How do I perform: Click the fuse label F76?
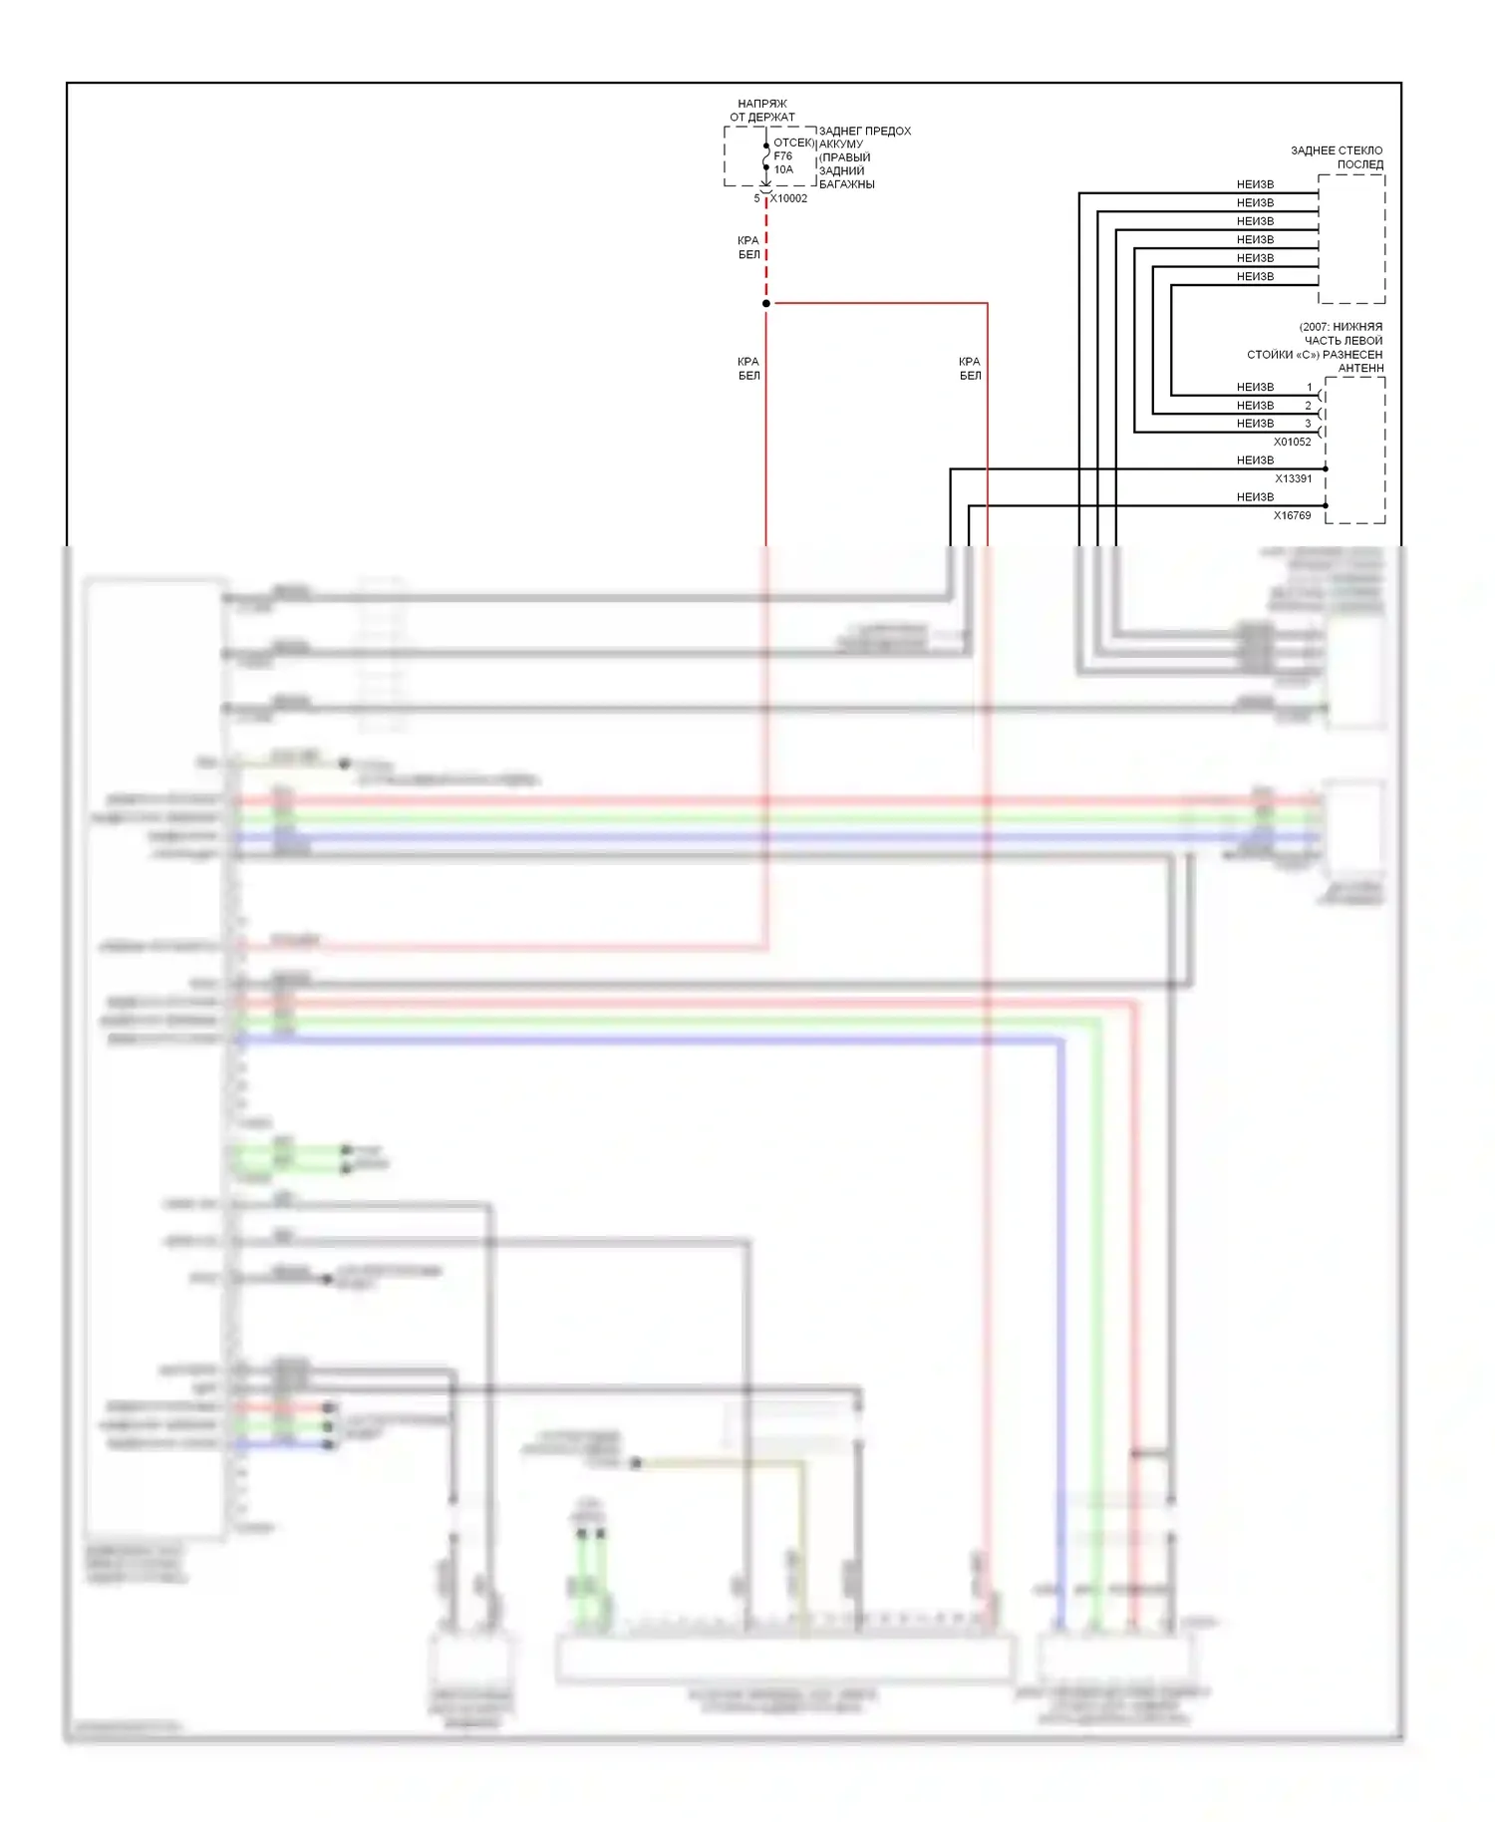coord(782,156)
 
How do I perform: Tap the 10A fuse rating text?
coord(783,169)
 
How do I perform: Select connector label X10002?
coord(788,198)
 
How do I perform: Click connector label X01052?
coord(1292,442)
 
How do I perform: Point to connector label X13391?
coord(1293,478)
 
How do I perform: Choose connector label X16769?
coord(1292,515)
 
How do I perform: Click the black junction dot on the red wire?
coord(766,303)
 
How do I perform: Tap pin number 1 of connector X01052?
coord(1310,387)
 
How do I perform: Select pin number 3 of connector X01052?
coord(1309,424)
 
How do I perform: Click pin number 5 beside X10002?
coord(756,198)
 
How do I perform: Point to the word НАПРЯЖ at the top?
coord(762,104)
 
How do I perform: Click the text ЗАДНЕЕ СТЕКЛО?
coord(1337,151)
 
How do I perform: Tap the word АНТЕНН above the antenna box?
coord(1360,368)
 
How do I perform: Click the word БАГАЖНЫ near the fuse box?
coord(846,184)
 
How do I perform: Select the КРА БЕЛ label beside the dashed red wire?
coord(748,247)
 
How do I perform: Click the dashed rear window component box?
coord(1350,239)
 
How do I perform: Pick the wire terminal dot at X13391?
coord(1326,468)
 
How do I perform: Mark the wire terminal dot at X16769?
coord(1326,505)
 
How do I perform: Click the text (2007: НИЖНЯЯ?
coord(1341,327)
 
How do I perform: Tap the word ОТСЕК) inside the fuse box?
coord(793,144)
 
